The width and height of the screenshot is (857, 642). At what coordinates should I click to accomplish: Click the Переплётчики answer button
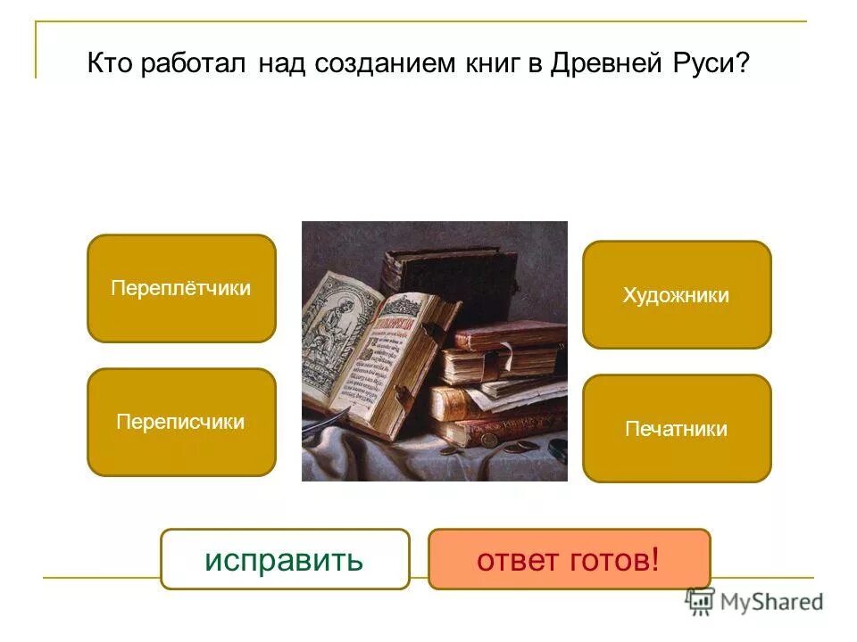pyautogui.click(x=181, y=288)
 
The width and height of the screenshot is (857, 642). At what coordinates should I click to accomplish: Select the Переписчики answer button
pyautogui.click(x=181, y=422)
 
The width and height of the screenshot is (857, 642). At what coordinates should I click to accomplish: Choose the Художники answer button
pyautogui.click(x=677, y=295)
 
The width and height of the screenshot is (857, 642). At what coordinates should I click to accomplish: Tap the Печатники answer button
pyautogui.click(x=677, y=429)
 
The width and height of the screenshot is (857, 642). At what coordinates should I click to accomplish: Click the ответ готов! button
pyautogui.click(x=569, y=560)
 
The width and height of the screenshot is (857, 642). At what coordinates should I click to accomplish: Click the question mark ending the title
pyautogui.click(x=743, y=66)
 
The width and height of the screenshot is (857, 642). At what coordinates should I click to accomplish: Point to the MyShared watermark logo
pyautogui.click(x=754, y=602)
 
